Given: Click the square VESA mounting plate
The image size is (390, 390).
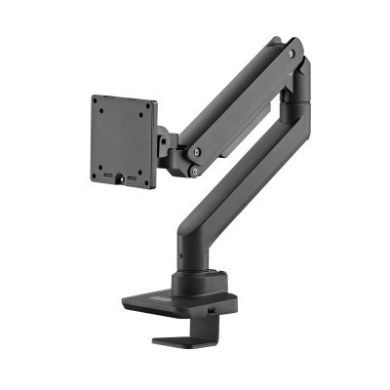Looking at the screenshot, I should pyautogui.click(x=123, y=138).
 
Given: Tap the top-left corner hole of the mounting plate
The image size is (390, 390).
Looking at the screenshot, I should pyautogui.click(x=98, y=102).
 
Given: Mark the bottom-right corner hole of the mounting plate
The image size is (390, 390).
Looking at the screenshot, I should pyautogui.click(x=148, y=181).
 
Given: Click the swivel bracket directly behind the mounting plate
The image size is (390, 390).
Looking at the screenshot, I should pyautogui.click(x=168, y=146).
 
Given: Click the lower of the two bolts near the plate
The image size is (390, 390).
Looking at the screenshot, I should pyautogui.click(x=195, y=172).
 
